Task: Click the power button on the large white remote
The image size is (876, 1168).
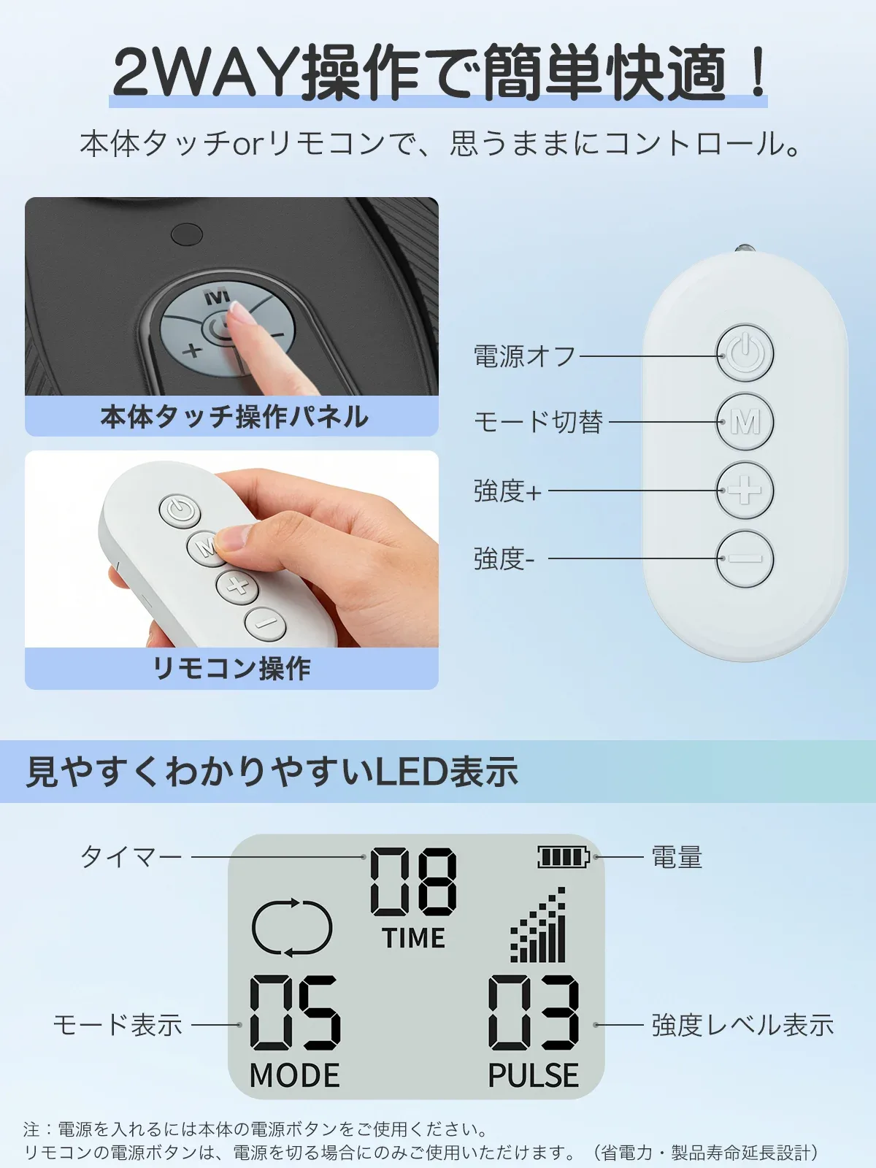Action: pyautogui.click(x=745, y=353)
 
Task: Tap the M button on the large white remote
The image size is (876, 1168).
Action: pyautogui.click(x=745, y=422)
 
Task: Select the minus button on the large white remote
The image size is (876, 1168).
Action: pyautogui.click(x=745, y=558)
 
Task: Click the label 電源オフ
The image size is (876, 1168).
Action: pyautogui.click(x=524, y=356)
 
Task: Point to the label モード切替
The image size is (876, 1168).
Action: pyautogui.click(x=538, y=423)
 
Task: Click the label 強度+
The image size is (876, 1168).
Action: pyautogui.click(x=507, y=491)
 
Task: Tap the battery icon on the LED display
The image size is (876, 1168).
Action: pyautogui.click(x=564, y=857)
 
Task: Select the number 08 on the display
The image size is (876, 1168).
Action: pyautogui.click(x=413, y=882)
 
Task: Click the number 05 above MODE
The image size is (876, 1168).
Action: pyautogui.click(x=295, y=1013)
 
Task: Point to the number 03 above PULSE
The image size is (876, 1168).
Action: pyautogui.click(x=534, y=1013)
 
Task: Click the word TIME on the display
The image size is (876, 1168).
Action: pyautogui.click(x=413, y=937)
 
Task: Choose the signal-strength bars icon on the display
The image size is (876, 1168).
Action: pyautogui.click(x=538, y=924)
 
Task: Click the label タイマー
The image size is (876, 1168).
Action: pyautogui.click(x=131, y=857)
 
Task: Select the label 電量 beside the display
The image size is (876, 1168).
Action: pyautogui.click(x=677, y=857)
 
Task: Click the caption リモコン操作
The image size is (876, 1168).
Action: pyautogui.click(x=231, y=669)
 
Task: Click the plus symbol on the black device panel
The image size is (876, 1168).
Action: pyautogui.click(x=192, y=350)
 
